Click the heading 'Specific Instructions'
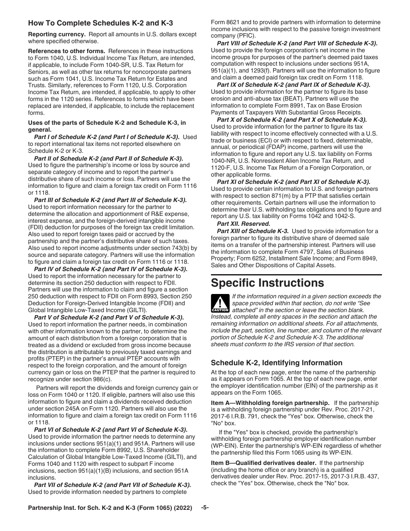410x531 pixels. click(267, 283)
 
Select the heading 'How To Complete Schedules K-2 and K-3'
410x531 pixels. click(101, 23)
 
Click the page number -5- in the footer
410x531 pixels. click(205, 508)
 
